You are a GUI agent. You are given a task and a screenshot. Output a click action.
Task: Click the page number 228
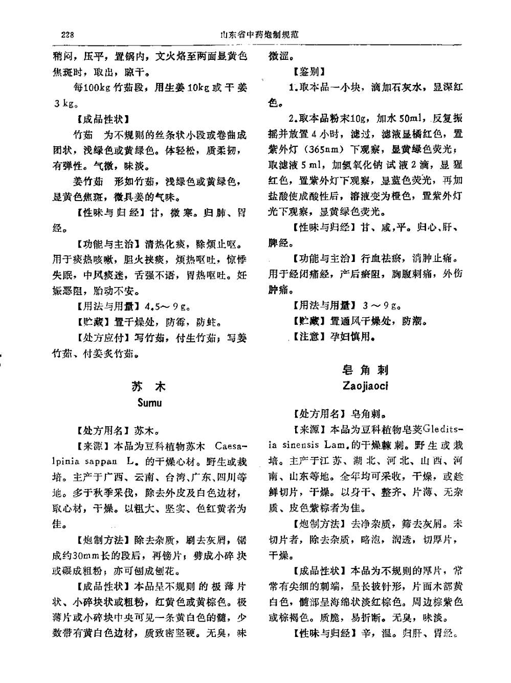(x=68, y=35)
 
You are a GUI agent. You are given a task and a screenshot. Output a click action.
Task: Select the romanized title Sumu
(x=149, y=403)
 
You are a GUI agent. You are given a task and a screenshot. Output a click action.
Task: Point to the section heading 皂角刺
(x=365, y=370)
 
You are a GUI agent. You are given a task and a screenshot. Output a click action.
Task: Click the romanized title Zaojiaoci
(x=365, y=386)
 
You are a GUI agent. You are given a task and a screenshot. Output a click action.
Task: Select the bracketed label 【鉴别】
(x=309, y=72)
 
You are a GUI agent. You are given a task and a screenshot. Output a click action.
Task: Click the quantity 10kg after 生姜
(x=196, y=87)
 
